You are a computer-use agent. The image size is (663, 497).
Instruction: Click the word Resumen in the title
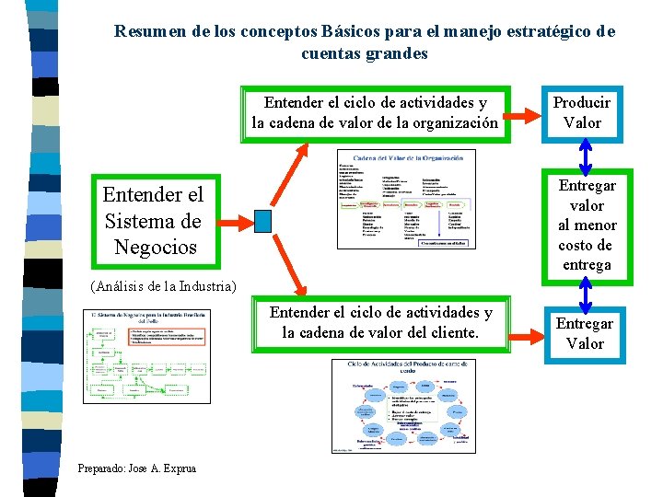point(151,31)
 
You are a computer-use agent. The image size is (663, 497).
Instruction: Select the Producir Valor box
point(582,112)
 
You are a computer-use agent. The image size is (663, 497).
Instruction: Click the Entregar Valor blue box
point(585,333)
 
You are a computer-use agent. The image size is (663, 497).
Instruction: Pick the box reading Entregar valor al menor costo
point(587,225)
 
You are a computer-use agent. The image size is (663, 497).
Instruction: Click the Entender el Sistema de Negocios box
point(153,221)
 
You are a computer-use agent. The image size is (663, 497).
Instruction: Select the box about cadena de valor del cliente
point(380,322)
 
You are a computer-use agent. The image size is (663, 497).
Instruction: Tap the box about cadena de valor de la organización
point(375,112)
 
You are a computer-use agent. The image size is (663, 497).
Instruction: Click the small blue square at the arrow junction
point(263,221)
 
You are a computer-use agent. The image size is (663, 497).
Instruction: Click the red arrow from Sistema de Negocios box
point(238,221)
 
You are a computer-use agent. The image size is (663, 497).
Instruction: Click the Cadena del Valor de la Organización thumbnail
point(406,200)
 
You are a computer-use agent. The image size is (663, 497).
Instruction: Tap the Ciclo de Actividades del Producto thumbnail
point(405,406)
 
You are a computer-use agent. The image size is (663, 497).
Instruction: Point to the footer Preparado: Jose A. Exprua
point(137,468)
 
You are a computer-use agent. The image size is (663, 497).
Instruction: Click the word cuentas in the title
point(334,53)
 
